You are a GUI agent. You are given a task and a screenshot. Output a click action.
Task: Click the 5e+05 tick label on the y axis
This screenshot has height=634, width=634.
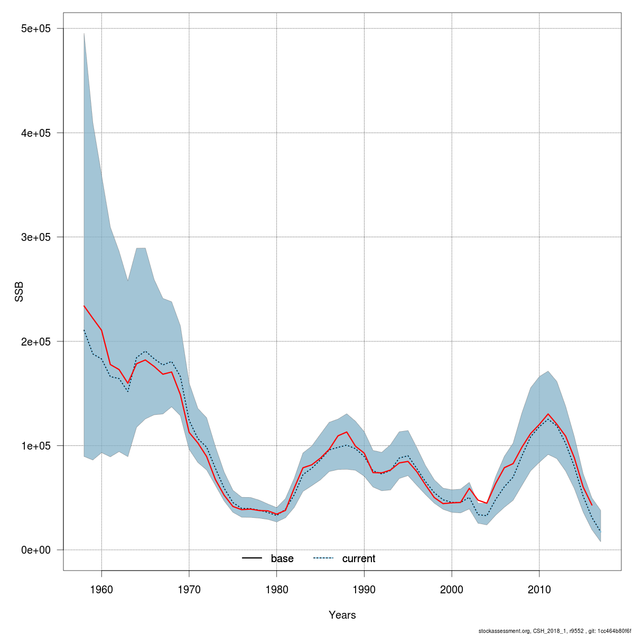click(x=35, y=29)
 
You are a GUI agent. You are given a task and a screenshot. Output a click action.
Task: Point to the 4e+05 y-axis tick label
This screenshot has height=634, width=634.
click(x=35, y=133)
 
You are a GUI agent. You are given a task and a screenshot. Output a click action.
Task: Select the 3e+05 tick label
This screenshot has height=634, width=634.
click(x=35, y=237)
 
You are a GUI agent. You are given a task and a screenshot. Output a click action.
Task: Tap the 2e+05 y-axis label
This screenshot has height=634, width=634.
click(x=35, y=341)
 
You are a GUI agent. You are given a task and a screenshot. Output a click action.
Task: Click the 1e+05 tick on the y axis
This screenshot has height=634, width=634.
click(x=35, y=445)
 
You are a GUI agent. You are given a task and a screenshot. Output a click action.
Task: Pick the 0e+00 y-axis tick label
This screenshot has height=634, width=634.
click(x=35, y=550)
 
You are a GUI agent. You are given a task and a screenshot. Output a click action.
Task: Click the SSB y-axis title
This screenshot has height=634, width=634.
click(x=20, y=291)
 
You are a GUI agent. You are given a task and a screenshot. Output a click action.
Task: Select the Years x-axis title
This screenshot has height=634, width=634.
click(x=342, y=615)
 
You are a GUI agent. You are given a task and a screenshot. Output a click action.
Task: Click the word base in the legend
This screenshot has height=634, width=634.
click(x=282, y=558)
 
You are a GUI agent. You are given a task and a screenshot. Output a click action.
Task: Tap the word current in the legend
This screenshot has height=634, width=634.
click(x=359, y=558)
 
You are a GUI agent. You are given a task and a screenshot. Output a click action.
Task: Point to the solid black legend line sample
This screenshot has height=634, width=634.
click(x=252, y=558)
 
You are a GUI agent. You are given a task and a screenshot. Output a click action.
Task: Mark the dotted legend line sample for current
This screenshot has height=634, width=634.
click(x=323, y=558)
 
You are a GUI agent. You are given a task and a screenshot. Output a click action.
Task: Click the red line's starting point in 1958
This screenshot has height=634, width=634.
click(x=84, y=306)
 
